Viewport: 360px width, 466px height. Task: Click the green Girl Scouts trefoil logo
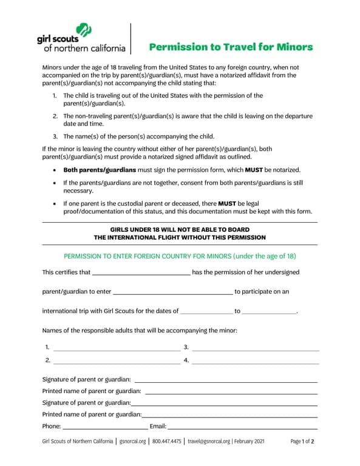click(83, 30)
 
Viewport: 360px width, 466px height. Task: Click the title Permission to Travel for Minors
click(231, 47)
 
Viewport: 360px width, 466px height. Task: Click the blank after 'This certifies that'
click(141, 274)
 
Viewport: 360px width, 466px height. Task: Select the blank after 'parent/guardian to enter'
click(172, 293)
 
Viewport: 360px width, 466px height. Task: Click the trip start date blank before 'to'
click(206, 312)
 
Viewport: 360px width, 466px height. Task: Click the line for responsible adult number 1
click(117, 349)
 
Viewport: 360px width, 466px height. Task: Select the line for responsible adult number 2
click(117, 362)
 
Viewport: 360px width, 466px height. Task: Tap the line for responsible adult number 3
click(256, 349)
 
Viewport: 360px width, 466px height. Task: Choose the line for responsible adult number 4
click(256, 362)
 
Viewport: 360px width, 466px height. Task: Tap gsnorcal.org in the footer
click(133, 442)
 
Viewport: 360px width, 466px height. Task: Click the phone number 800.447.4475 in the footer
click(166, 442)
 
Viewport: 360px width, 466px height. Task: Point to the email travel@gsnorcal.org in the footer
click(208, 442)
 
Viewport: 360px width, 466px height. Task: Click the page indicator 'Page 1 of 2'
click(302, 442)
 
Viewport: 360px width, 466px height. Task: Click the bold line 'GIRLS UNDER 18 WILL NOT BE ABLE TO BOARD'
click(180, 229)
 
